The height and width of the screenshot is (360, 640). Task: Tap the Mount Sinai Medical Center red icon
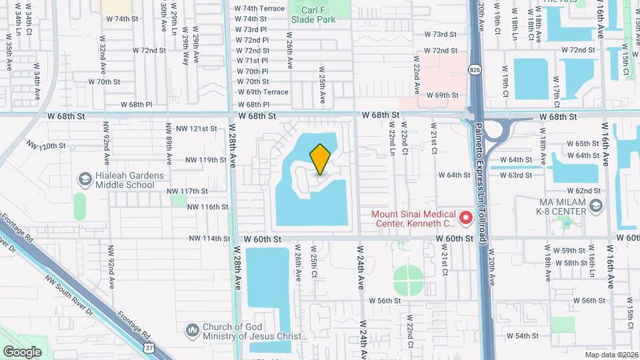click(465, 217)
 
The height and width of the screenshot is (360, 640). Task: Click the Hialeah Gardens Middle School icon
click(85, 179)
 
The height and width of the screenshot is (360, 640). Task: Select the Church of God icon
click(193, 331)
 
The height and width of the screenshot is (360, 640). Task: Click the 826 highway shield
click(473, 69)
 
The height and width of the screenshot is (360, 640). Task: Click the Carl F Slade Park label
click(313, 15)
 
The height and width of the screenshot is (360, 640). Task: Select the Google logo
click(22, 351)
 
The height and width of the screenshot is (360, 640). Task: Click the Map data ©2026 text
click(611, 355)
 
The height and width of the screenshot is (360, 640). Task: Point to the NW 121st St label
click(196, 128)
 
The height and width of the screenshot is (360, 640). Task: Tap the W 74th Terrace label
click(259, 9)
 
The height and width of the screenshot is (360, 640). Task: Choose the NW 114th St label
click(209, 238)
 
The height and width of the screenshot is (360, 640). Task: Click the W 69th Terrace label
click(263, 92)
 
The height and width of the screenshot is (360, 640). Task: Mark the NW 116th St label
click(208, 207)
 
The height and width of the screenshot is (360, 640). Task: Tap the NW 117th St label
click(189, 191)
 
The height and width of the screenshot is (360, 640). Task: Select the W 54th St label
click(523, 336)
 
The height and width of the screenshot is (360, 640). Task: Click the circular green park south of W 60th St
click(407, 280)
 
